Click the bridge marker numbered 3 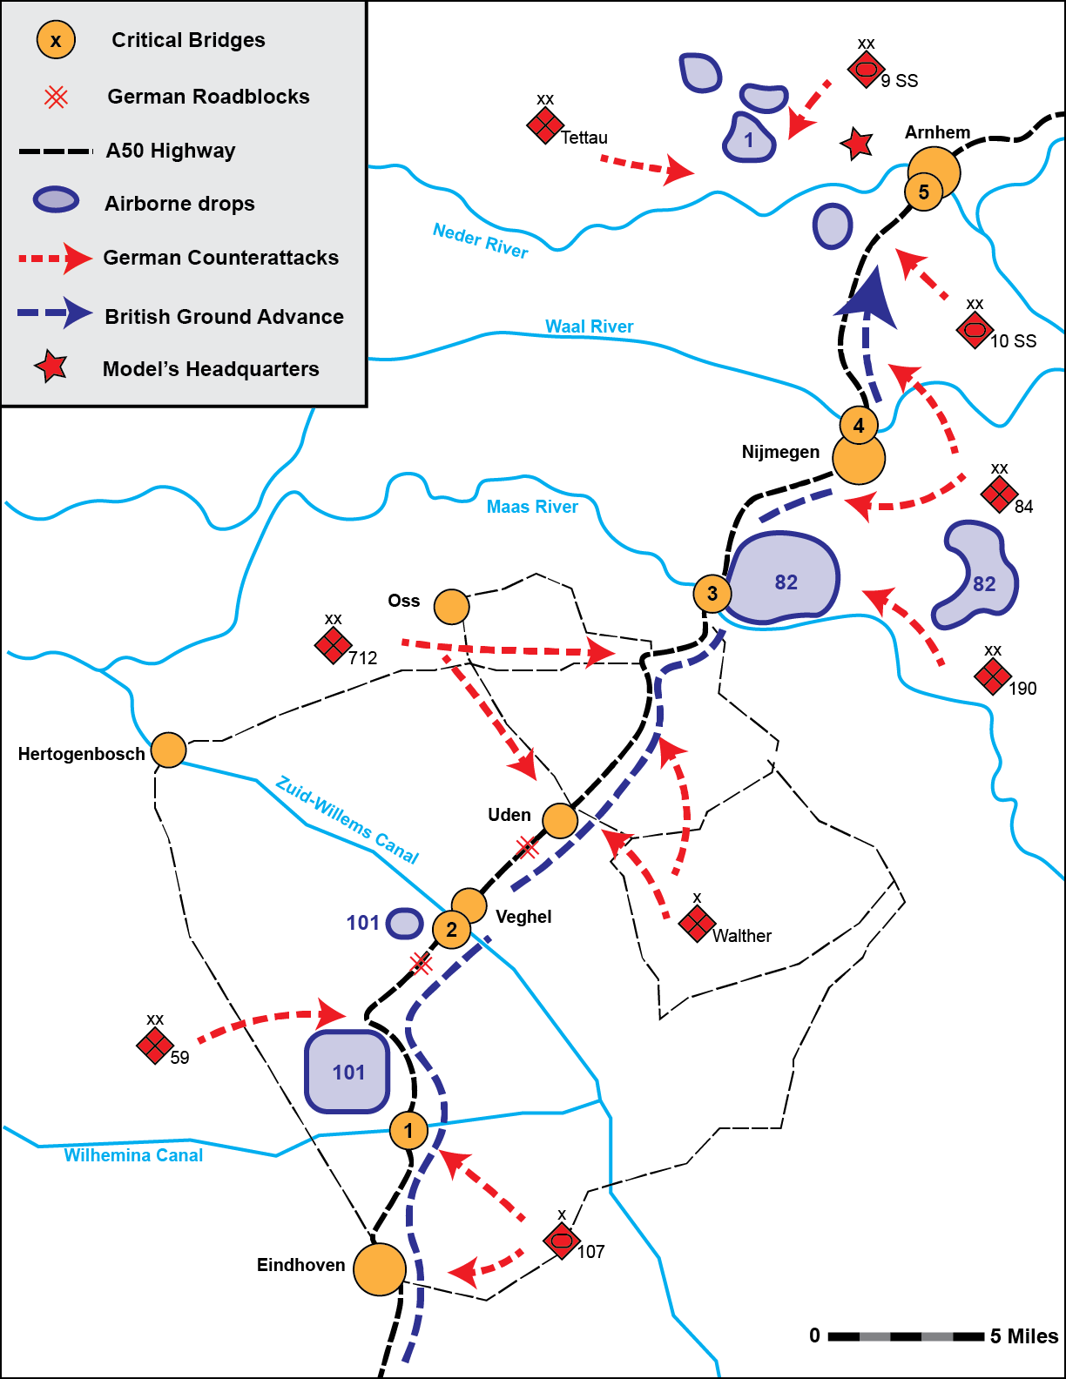(x=712, y=594)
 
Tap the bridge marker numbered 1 (x=408, y=1130)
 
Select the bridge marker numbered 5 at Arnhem (x=923, y=192)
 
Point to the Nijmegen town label (x=780, y=452)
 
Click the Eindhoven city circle (x=380, y=1269)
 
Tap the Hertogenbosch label (x=81, y=754)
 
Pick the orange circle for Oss (x=451, y=607)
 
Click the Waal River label (x=590, y=326)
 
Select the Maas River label (x=532, y=507)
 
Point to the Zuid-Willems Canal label (x=347, y=819)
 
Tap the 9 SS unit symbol (x=867, y=69)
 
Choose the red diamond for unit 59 (x=155, y=1046)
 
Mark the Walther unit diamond (x=697, y=924)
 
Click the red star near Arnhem (x=857, y=144)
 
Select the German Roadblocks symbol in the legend (x=56, y=97)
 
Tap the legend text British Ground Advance (x=224, y=317)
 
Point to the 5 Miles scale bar (x=906, y=1336)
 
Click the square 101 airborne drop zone (x=347, y=1072)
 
